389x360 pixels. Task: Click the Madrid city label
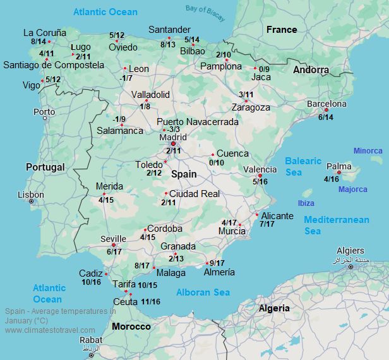(173, 137)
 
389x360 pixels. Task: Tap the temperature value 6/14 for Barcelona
(326, 117)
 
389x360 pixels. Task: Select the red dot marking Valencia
(260, 176)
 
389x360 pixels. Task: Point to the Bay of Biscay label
(205, 9)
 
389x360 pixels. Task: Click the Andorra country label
(311, 70)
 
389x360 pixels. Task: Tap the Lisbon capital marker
(32, 201)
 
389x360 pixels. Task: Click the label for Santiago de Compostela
(54, 64)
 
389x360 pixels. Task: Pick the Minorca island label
(368, 151)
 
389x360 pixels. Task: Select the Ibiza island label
(306, 203)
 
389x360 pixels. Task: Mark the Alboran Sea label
(203, 292)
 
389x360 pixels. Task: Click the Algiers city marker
(351, 267)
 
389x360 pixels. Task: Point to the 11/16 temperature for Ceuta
(151, 302)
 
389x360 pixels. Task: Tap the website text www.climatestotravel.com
(50, 330)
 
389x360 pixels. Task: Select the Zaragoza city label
(251, 107)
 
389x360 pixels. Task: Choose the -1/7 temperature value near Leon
(126, 78)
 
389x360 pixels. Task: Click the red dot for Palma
(339, 172)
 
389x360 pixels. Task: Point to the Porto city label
(44, 112)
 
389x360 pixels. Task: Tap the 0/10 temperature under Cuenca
(217, 163)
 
